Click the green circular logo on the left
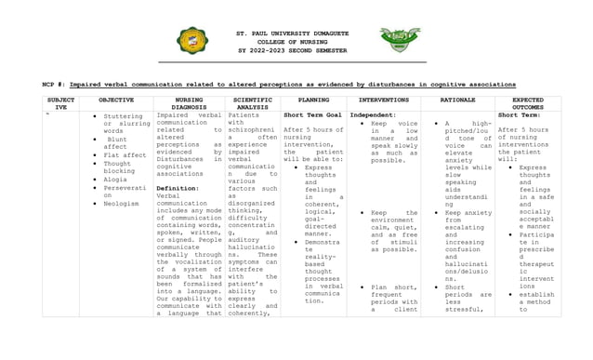tap(192, 41)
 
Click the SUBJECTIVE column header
tap(60, 102)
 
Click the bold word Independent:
tap(372, 114)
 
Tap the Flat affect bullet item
tap(125, 154)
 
